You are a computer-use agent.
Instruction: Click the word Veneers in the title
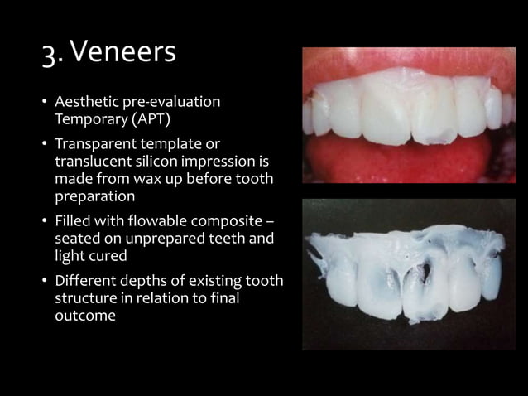point(124,52)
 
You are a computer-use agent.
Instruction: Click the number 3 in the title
point(49,53)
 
